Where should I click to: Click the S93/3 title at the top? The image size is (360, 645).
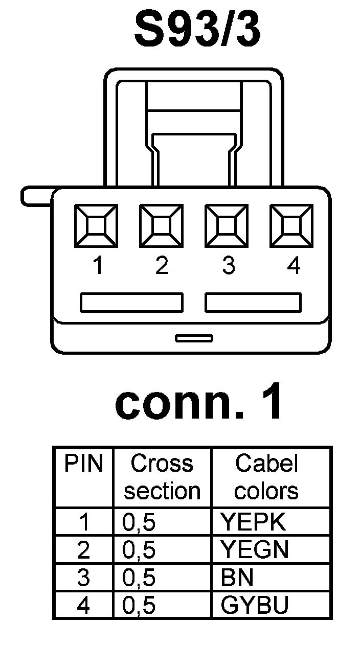197,31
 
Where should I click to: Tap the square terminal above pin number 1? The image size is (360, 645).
96,225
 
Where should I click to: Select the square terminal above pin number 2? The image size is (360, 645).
161,225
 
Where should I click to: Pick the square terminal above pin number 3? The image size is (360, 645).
226,225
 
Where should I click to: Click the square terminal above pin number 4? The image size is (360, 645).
291,225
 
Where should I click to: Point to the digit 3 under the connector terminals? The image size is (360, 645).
228,265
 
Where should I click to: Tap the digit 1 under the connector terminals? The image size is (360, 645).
97,265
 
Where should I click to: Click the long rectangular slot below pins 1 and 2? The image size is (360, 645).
131,303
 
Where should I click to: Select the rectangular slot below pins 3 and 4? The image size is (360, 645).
253,303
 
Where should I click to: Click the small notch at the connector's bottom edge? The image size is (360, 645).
194,338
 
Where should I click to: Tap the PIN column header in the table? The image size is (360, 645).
83,464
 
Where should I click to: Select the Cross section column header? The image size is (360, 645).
162,477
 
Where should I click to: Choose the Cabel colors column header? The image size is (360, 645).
266,477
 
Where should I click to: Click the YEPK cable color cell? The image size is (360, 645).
253,522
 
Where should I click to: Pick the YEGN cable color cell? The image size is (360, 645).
255,549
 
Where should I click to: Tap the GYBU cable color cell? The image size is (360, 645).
255,605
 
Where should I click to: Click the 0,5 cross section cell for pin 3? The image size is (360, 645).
139,578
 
